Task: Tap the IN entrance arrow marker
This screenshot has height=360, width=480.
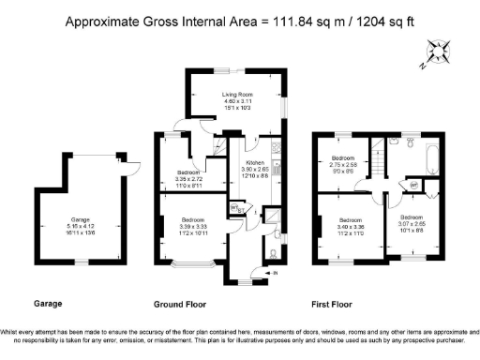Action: coord(274,273)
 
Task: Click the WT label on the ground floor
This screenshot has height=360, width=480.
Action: coord(235,208)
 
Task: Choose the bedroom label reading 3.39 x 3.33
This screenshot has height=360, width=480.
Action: coord(195,225)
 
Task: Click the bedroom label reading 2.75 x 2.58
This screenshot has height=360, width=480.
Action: coord(344,164)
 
